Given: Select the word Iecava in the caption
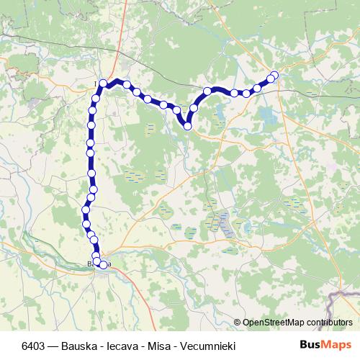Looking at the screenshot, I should click(x=122, y=344).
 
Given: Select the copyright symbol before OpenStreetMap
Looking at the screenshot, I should click(x=238, y=322).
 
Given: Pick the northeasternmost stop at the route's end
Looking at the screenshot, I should click(x=274, y=74).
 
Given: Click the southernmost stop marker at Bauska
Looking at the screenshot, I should click(x=103, y=265).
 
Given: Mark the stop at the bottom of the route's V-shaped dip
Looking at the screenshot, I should click(x=187, y=126).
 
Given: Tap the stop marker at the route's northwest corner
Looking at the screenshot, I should click(x=103, y=84).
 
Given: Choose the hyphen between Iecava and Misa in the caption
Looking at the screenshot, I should click(x=145, y=344).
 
